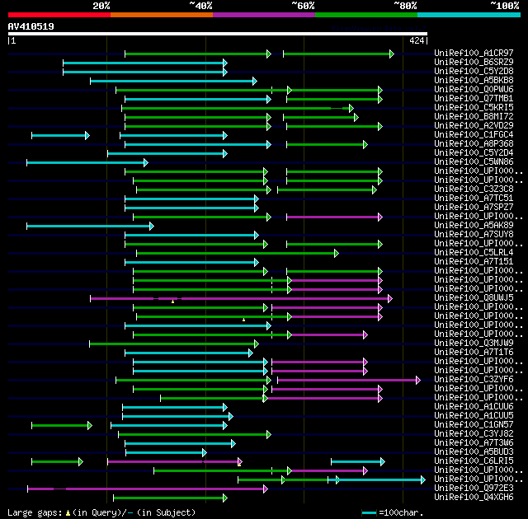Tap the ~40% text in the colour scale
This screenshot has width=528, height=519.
(x=200, y=6)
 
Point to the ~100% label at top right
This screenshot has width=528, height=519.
(x=504, y=6)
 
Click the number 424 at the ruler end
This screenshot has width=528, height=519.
(x=417, y=40)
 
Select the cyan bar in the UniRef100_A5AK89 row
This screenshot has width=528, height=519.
(x=89, y=225)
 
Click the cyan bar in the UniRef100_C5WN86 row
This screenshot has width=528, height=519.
(x=87, y=162)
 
